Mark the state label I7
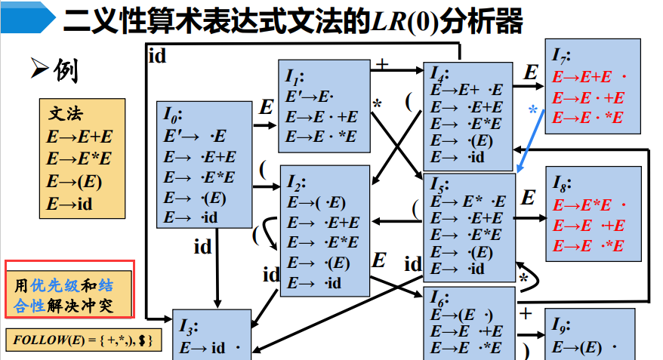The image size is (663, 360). (x=560, y=56)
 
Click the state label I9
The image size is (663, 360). (x=560, y=325)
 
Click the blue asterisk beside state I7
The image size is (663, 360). (x=533, y=110)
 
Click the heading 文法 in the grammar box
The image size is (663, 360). (x=67, y=115)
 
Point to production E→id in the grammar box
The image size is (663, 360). (x=69, y=204)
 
